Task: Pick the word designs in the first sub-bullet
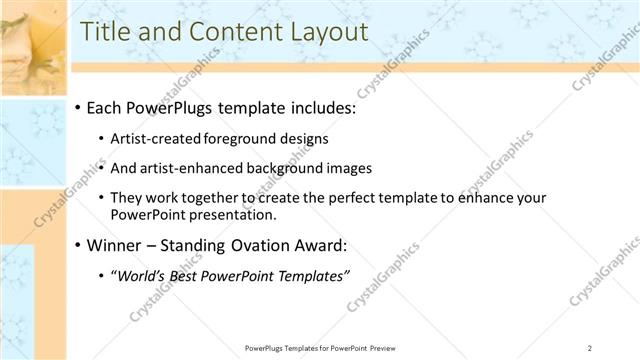[306, 139]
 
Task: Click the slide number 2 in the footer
[589, 348]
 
